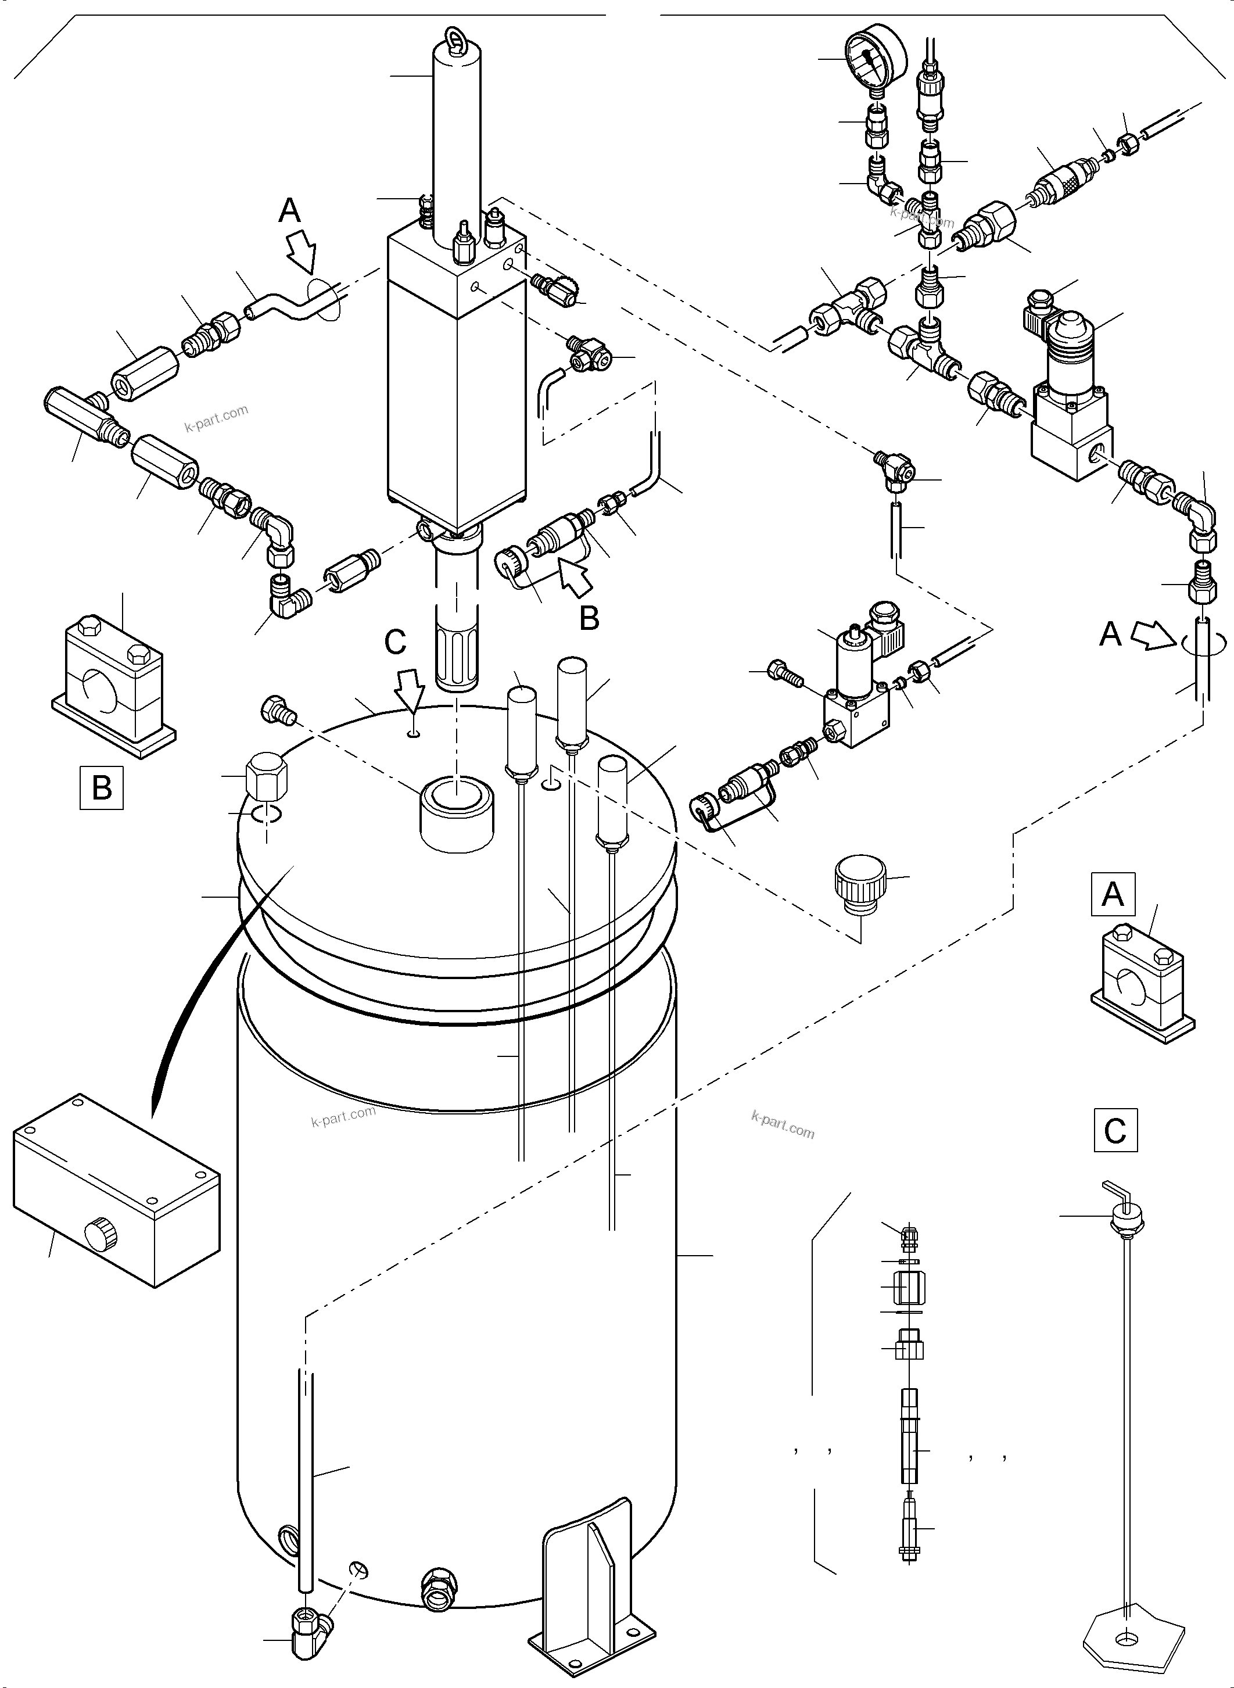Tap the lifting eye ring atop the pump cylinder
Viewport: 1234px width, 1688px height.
coord(455,40)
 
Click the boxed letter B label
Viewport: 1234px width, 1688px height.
coord(102,787)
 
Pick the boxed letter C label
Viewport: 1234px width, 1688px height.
coord(1114,1130)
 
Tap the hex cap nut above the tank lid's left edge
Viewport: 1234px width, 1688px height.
coord(266,777)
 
